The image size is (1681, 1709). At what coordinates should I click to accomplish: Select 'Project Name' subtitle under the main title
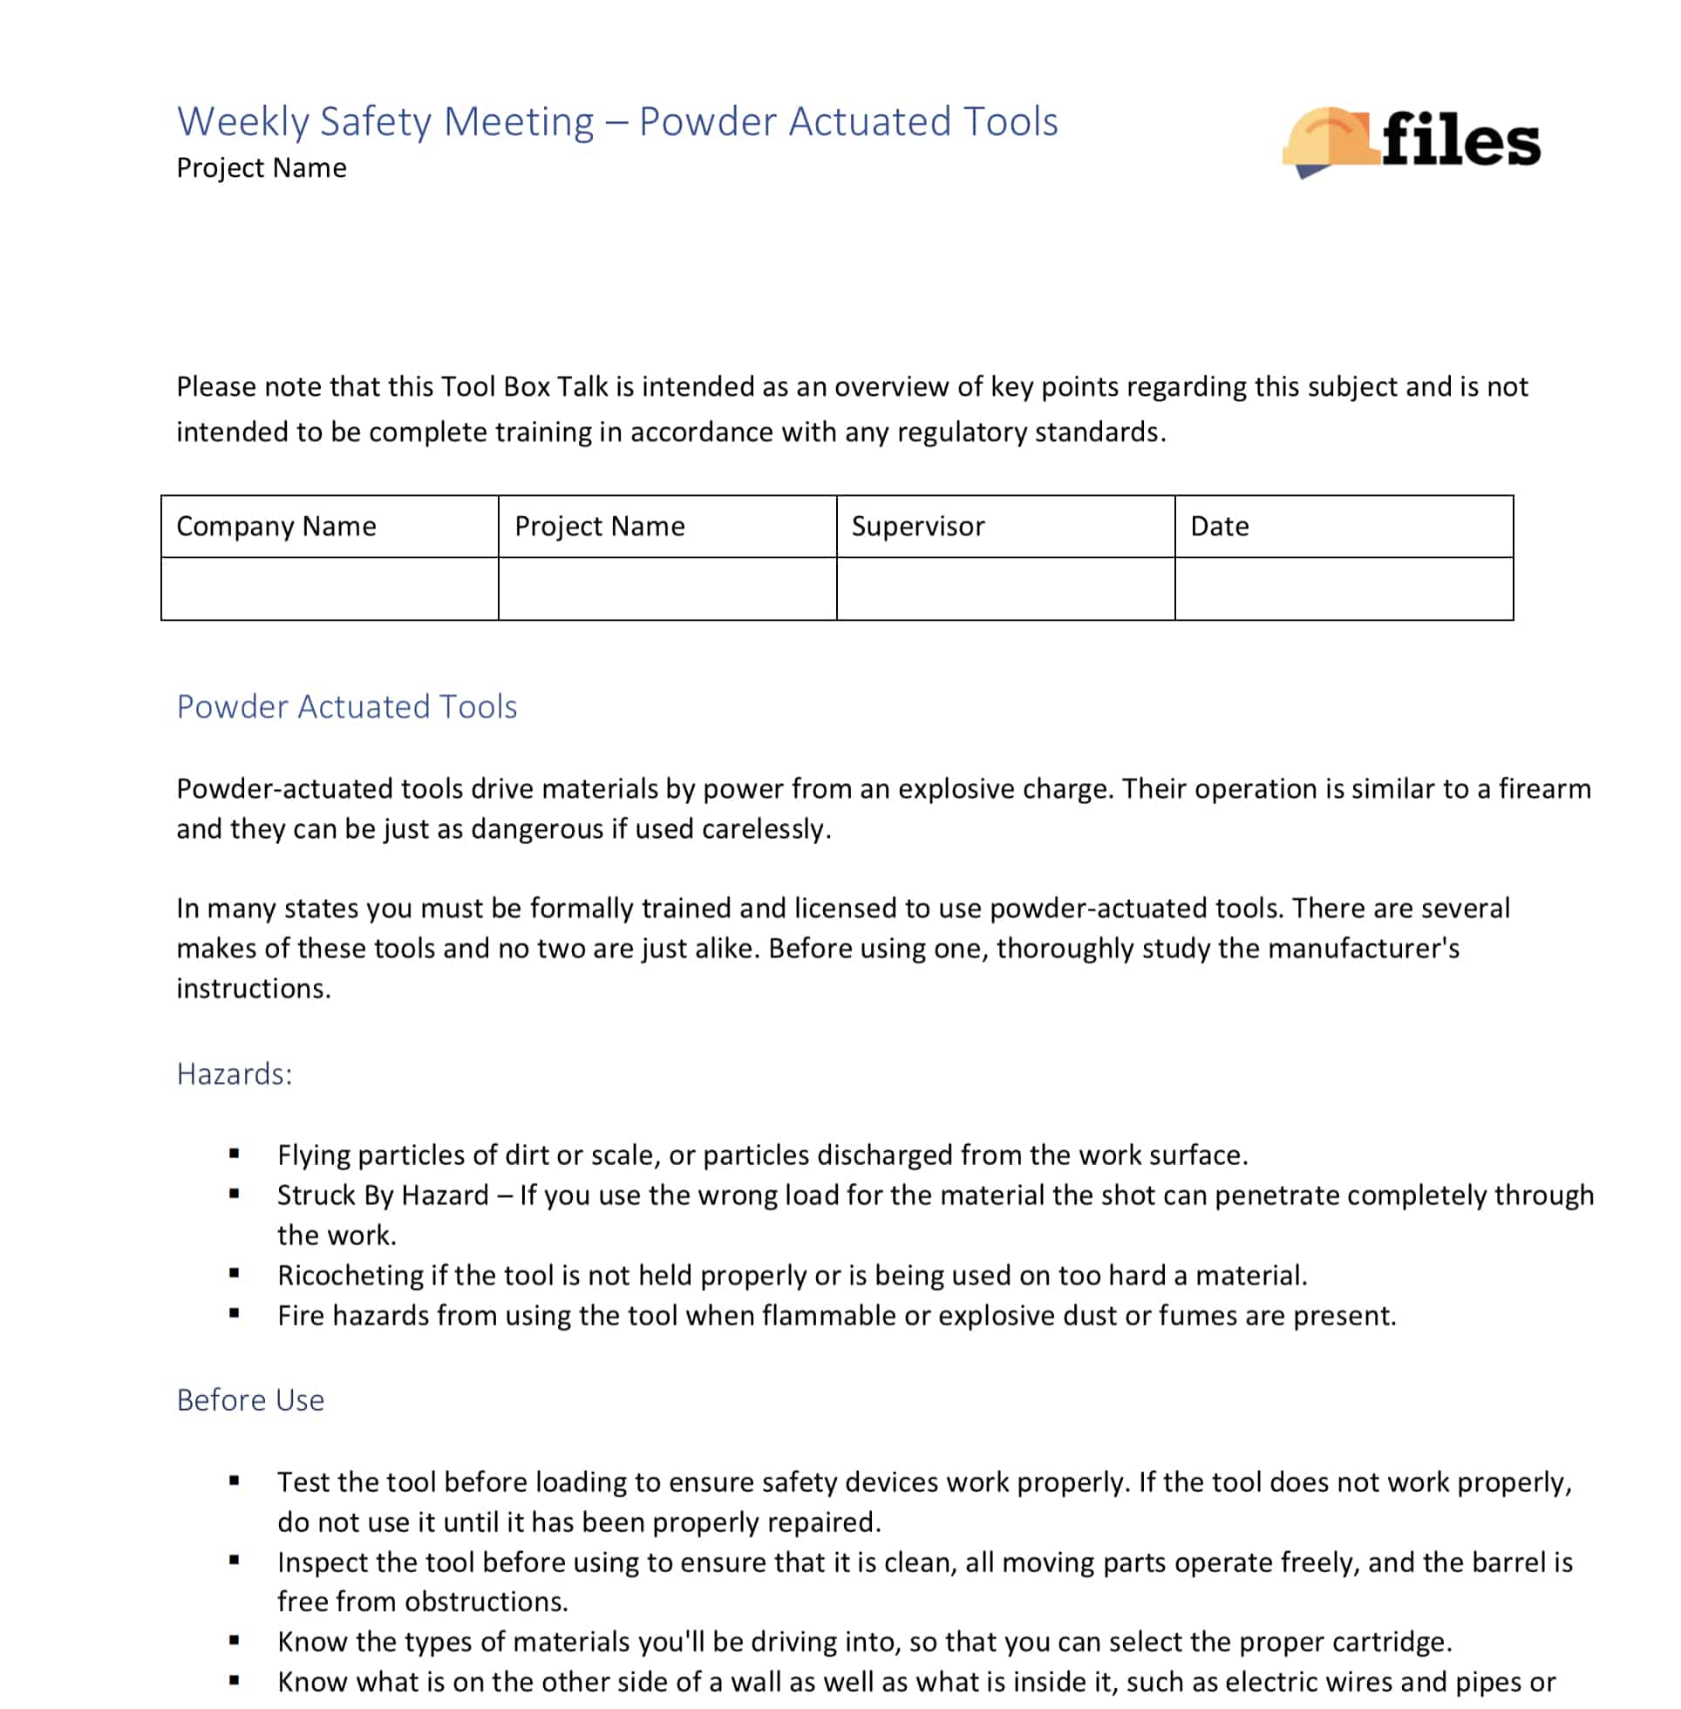(x=262, y=167)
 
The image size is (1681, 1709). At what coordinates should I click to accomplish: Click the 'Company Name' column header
(x=276, y=526)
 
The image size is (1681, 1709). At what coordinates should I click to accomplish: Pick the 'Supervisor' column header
(x=917, y=526)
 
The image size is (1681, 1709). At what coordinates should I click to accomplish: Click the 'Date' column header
(x=1219, y=526)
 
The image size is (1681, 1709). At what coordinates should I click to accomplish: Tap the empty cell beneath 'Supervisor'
(x=1004, y=589)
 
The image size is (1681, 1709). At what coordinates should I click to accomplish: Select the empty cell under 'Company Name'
(x=330, y=589)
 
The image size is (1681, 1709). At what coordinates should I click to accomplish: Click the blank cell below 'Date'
(x=1343, y=589)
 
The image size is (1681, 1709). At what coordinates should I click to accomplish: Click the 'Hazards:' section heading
(x=234, y=1074)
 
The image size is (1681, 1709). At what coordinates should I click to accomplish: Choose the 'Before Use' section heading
(x=251, y=1400)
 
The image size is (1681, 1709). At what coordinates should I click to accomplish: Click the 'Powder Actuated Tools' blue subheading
(x=347, y=707)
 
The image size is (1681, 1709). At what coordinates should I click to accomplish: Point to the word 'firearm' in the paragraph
(x=1544, y=788)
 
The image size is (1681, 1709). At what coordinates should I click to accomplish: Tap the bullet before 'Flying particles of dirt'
(x=234, y=1153)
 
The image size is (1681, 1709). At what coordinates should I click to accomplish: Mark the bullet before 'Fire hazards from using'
(x=234, y=1313)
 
